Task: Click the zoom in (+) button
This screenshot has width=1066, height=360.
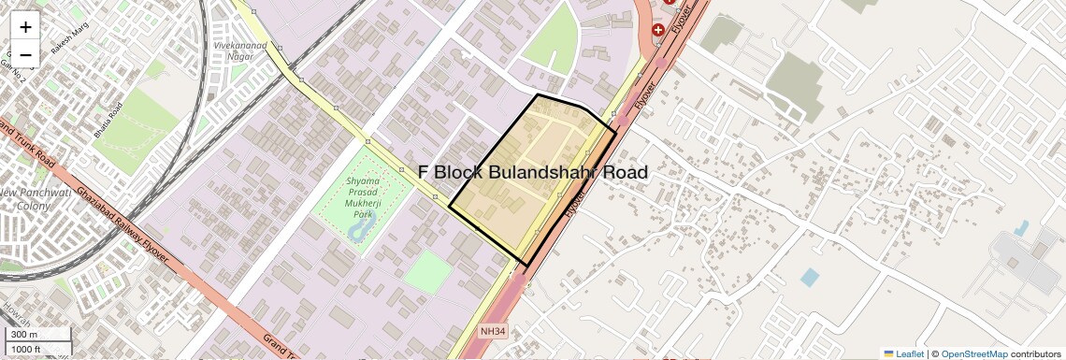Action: click(x=25, y=27)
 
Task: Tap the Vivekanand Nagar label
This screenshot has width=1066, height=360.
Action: click(x=239, y=50)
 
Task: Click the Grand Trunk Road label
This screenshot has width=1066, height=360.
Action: click(x=27, y=144)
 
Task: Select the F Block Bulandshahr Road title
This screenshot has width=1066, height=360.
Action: click(x=532, y=173)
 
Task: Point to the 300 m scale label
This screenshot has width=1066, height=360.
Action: click(x=23, y=335)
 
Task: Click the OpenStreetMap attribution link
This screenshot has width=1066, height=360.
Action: click(x=974, y=353)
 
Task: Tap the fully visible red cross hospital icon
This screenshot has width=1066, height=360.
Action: click(x=658, y=30)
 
